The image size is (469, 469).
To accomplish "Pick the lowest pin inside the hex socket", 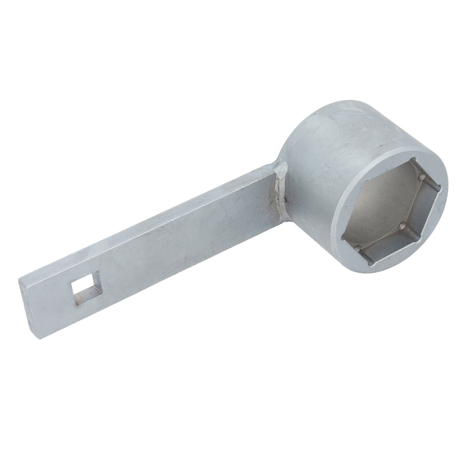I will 363,251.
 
